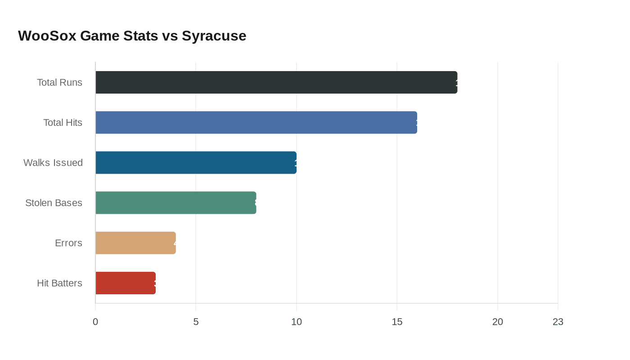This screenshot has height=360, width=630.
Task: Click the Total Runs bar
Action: click(276, 82)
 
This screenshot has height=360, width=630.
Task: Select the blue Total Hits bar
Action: click(256, 122)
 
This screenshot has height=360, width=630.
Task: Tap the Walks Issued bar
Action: click(196, 162)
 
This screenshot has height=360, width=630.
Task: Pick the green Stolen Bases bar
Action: click(175, 202)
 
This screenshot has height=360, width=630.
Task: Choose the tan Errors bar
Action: click(135, 243)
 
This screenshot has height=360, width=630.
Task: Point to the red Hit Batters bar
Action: click(125, 283)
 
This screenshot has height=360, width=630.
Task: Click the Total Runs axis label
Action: click(59, 82)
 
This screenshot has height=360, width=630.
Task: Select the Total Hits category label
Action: click(63, 122)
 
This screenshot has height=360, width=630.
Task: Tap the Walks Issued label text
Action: click(53, 162)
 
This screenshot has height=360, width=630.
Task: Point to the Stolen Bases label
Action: click(54, 202)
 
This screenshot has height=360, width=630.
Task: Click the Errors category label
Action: click(68, 243)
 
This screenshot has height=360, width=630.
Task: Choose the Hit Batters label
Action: click(59, 283)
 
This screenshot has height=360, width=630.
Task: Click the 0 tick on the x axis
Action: click(95, 322)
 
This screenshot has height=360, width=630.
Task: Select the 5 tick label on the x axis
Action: click(196, 322)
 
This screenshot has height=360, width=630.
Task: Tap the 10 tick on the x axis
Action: click(296, 322)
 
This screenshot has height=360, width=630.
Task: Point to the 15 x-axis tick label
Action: click(397, 322)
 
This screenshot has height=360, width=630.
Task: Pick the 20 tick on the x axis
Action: click(497, 322)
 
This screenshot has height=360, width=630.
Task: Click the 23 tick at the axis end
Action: click(558, 322)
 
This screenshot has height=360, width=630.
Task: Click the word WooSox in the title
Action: click(47, 36)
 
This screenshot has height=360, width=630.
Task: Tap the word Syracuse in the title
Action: click(214, 36)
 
